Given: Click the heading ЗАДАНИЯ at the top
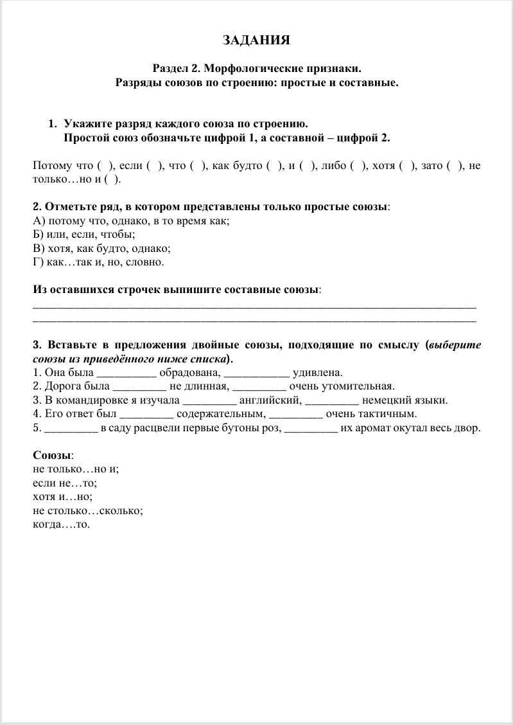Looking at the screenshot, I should point(256,41).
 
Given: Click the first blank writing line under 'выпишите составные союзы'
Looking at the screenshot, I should point(254,305).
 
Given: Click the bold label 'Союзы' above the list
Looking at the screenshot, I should point(52,456).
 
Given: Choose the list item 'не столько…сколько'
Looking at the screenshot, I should point(87,511).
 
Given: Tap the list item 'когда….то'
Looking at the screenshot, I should point(61,524).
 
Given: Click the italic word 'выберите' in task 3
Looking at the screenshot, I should point(455,345).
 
